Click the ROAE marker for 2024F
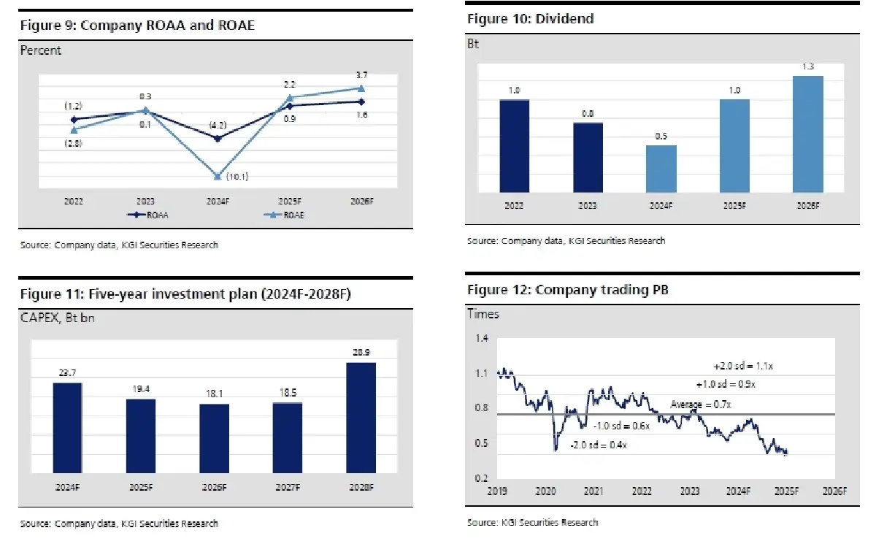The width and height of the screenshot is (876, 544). tap(218, 176)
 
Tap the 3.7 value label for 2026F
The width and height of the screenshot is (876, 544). tap(361, 76)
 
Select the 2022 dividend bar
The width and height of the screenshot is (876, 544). tap(514, 146)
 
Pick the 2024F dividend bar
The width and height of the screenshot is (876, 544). tap(661, 169)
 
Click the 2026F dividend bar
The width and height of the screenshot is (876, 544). tap(807, 134)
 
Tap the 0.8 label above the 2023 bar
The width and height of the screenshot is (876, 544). tap(588, 113)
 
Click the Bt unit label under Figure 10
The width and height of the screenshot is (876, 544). tap(472, 44)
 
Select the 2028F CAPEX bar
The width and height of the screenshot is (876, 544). tap(361, 418)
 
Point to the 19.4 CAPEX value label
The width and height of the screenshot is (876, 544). tap(141, 388)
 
